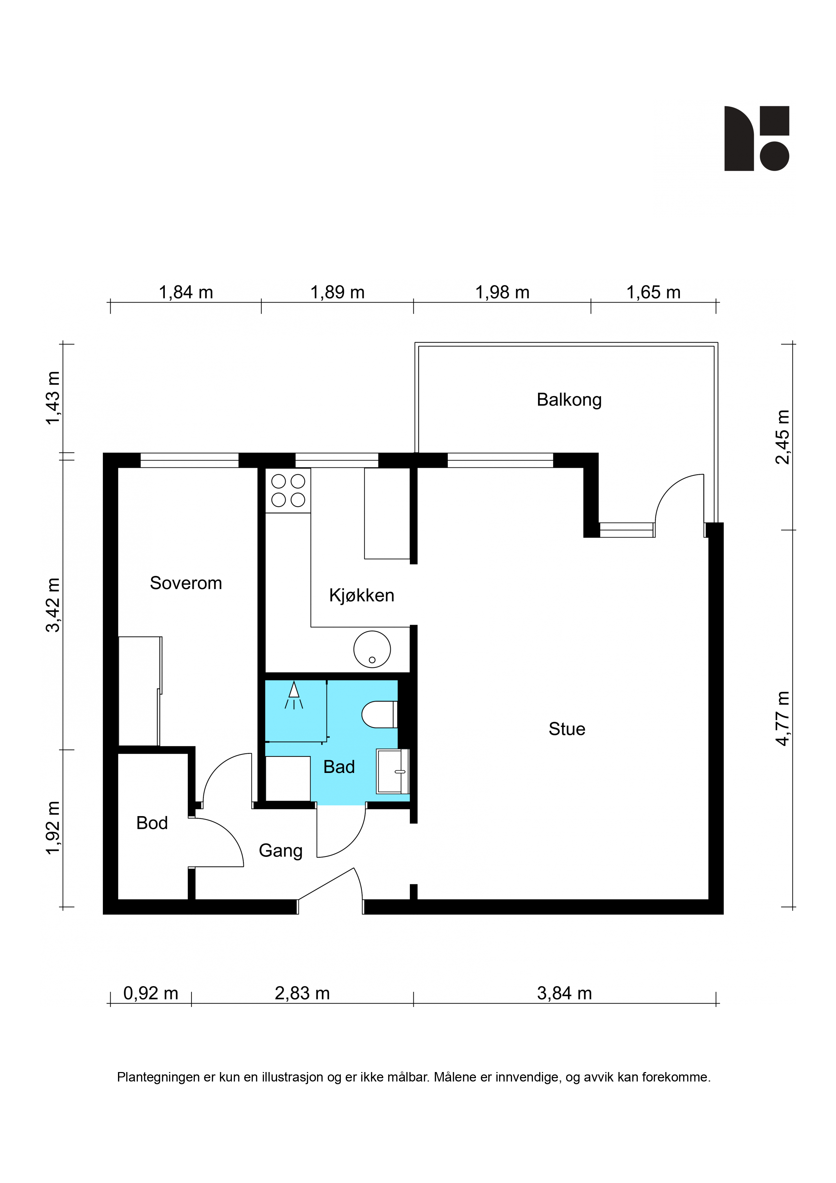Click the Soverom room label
[x=186, y=583]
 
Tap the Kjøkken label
[x=362, y=596]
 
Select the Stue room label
[x=567, y=729]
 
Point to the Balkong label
[x=569, y=400]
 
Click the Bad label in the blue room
[x=339, y=767]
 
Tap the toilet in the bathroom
[x=380, y=714]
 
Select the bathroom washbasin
[x=392, y=771]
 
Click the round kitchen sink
[x=372, y=649]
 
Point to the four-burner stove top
[x=288, y=491]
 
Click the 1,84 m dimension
[x=186, y=293]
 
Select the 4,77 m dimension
[x=782, y=718]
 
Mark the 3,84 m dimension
[x=565, y=993]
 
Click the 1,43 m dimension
[x=53, y=398]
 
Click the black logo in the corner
[x=757, y=139]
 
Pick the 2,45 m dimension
[x=782, y=437]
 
